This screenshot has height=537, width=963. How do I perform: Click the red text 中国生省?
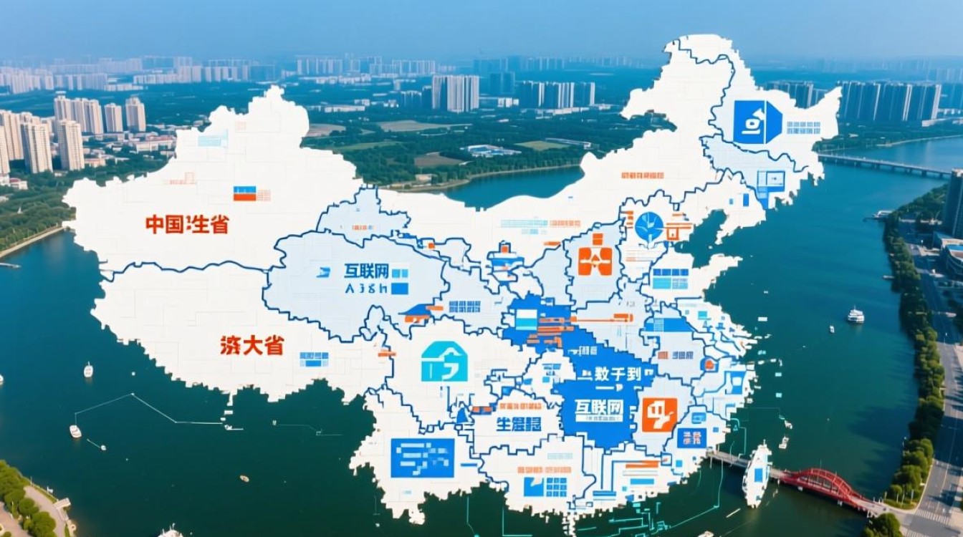pos(187,224)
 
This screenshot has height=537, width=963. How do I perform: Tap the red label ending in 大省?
pos(251,345)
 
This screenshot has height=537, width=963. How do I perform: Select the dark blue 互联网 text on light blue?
pos(366,271)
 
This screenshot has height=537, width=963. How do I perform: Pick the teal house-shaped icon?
pos(444,362)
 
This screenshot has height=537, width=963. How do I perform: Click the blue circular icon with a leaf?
pos(649,226)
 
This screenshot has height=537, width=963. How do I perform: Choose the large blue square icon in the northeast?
pos(757,122)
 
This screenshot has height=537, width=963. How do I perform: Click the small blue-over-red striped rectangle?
pos(244,193)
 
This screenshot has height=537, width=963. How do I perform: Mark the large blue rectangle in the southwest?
pos(422,458)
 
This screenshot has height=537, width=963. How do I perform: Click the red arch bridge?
pos(824,483)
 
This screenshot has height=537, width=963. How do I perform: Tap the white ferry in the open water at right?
pos(856,315)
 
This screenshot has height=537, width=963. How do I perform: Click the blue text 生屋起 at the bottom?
pos(519,423)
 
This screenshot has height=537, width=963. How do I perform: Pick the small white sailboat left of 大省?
pos(88,369)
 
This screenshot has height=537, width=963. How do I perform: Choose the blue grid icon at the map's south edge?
pos(545,487)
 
